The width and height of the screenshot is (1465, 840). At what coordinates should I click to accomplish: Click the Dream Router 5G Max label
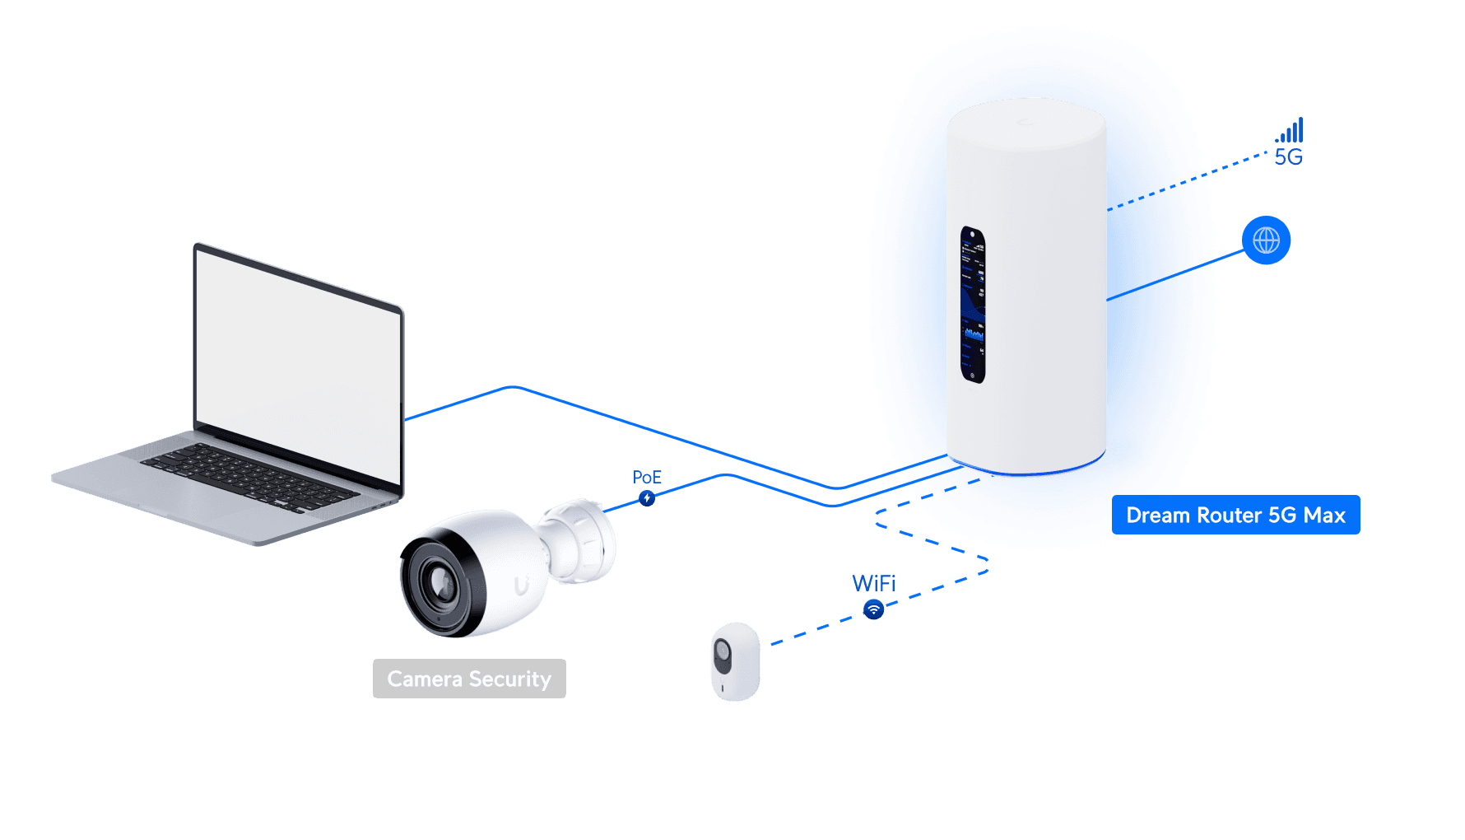pos(1235,516)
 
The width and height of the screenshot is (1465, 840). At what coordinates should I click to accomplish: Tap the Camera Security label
pos(469,679)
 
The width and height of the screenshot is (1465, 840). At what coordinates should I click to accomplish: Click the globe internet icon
pos(1266,240)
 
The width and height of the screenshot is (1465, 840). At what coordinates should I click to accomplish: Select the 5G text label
pos(1288,157)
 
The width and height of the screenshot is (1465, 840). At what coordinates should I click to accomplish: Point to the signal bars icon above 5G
pos(1291,131)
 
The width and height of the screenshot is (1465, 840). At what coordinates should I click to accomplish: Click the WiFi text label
pos(873,583)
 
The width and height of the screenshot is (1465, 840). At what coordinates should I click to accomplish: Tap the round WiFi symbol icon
pos(873,610)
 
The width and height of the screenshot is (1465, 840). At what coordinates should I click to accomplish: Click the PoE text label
pos(646,478)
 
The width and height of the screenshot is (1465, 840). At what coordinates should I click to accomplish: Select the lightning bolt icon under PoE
pos(647,498)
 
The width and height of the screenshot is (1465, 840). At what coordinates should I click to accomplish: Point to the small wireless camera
pos(735,661)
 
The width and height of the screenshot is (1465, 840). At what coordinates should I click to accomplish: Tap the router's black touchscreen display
pos(973,305)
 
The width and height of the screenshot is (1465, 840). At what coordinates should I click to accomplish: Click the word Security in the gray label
pos(509,679)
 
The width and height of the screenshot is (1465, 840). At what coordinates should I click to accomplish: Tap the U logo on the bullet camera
pos(522,586)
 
